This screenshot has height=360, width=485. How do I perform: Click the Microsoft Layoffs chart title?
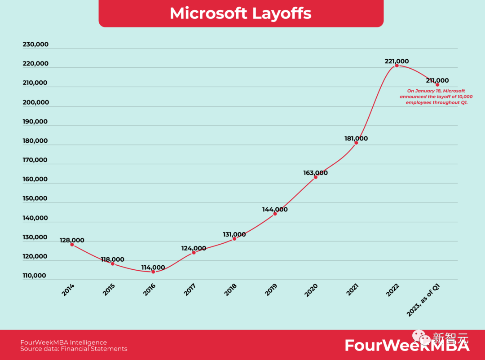point(241,13)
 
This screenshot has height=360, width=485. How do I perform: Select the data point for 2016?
point(153,272)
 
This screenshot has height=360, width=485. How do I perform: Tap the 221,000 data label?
point(397,61)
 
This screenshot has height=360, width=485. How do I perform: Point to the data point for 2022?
point(397,66)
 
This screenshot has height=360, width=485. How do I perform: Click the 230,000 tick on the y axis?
point(35,44)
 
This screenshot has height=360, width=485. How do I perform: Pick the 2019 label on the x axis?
point(272,290)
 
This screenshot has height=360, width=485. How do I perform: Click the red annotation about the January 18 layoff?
point(436,97)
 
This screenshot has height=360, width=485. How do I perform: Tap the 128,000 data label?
point(72,240)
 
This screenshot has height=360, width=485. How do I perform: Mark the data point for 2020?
point(316,177)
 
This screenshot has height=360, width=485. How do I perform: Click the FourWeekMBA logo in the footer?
point(407,345)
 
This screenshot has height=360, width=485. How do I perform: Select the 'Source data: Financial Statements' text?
point(74,349)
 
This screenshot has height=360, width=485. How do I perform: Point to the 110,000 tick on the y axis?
point(35,276)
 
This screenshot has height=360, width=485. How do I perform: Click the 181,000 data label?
point(356,139)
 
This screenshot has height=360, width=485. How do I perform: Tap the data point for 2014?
point(72,244)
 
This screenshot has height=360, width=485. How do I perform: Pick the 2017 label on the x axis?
point(190,290)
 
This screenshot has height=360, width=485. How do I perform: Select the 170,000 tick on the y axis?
point(35,160)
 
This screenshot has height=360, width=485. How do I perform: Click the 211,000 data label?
point(436,81)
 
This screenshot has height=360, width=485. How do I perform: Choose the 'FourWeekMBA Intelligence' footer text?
point(64,342)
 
